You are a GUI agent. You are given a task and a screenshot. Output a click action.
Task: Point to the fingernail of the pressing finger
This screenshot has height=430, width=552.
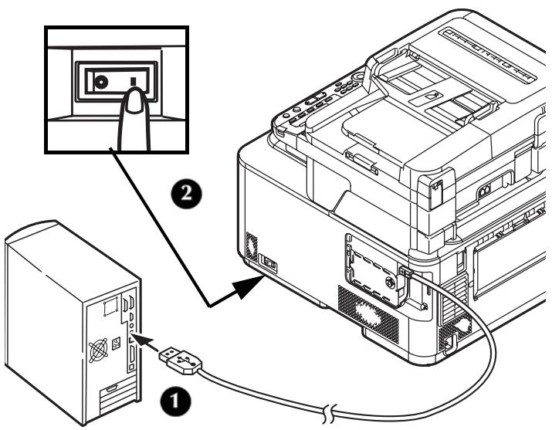click(x=137, y=99)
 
